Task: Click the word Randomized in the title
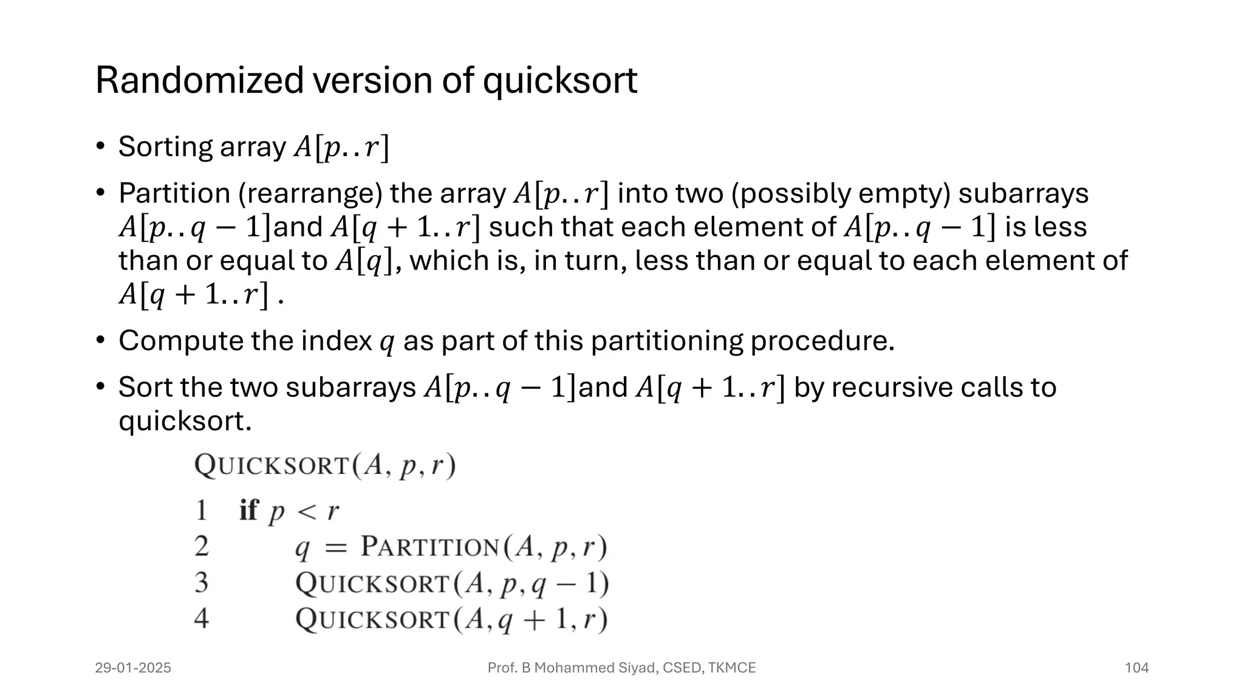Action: click(199, 80)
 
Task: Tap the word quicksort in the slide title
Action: click(559, 81)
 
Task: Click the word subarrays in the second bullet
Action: click(1023, 194)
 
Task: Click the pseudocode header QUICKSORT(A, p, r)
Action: click(325, 467)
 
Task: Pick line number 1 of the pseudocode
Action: click(201, 510)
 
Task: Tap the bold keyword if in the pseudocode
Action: click(248, 510)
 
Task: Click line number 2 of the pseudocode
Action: click(202, 546)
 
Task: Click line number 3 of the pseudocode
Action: click(202, 583)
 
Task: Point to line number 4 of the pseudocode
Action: click(202, 619)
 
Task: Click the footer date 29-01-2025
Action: click(133, 668)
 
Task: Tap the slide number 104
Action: click(1136, 668)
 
